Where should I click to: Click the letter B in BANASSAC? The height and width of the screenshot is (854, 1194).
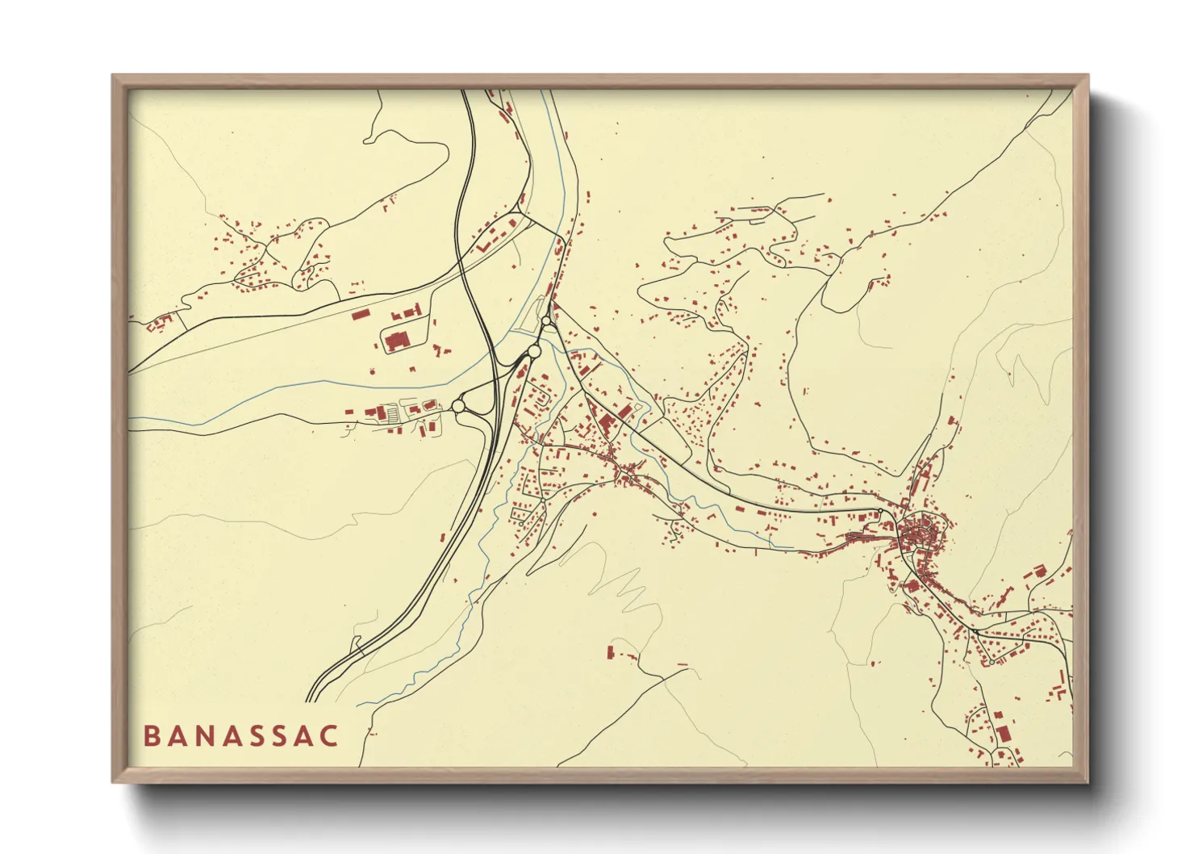pos(151,736)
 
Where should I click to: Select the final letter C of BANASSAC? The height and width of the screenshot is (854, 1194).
pos(328,736)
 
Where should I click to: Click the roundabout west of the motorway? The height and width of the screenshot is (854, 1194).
pos(459,406)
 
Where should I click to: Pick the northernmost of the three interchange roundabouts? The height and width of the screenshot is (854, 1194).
pos(547,321)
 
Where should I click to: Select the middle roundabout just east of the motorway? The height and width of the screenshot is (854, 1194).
pos(533,351)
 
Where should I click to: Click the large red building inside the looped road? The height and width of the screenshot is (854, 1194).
pos(396,340)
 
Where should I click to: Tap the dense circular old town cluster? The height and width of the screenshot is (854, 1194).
pos(919,532)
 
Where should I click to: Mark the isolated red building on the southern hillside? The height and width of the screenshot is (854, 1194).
pos(611,651)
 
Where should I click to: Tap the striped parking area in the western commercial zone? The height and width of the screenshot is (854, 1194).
pos(393,414)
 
